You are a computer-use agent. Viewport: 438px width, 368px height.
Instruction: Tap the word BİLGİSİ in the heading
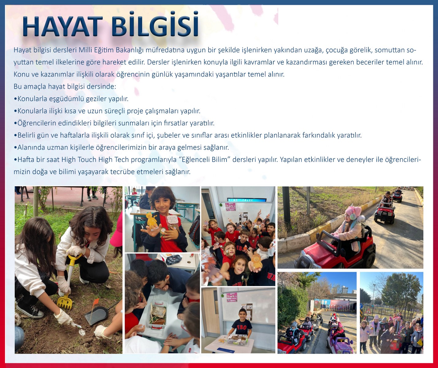pos(155,25)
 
